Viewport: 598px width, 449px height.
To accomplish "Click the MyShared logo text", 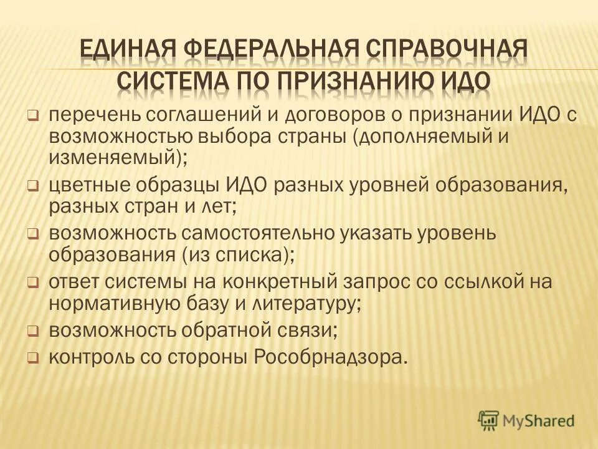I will click(539, 420).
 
